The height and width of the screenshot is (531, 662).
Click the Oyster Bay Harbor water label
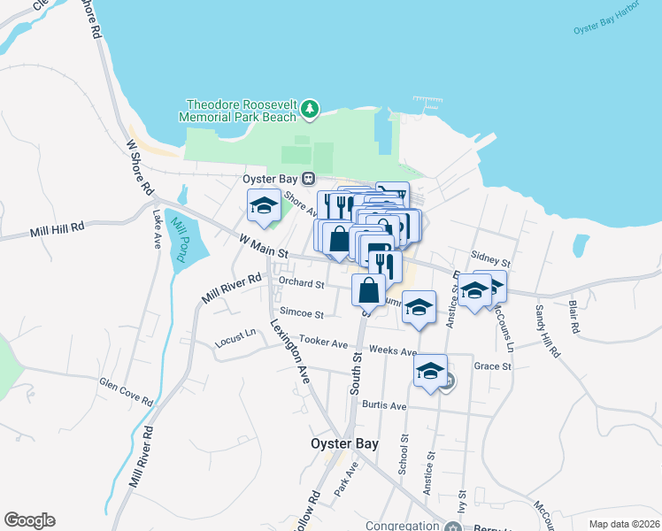[604, 27]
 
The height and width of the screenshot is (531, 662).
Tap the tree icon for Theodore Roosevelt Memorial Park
[309, 109]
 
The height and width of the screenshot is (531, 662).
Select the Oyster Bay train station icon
[309, 178]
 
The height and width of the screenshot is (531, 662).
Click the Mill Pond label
[179, 239]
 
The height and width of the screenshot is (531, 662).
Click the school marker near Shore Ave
[263, 207]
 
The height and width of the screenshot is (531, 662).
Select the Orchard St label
[302, 283]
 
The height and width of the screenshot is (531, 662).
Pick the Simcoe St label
[302, 312]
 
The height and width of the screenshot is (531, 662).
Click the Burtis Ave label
[383, 405]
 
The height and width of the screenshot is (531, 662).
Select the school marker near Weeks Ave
[429, 370]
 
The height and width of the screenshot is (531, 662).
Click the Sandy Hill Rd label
[548, 331]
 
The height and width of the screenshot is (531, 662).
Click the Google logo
[29, 520]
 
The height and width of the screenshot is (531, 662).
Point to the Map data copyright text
[624, 524]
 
